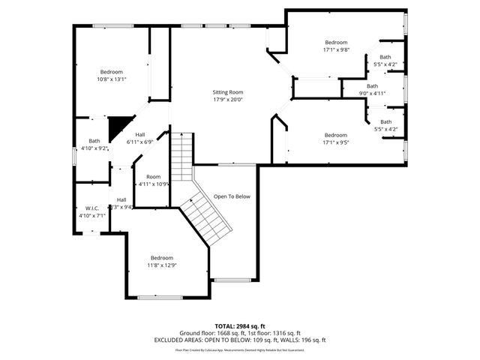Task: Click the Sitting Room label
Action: click(228, 91)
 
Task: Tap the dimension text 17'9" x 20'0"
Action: click(228, 99)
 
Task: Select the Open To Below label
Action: click(232, 196)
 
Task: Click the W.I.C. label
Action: click(93, 208)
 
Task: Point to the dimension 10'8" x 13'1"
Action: click(112, 79)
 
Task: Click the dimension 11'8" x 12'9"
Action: click(161, 265)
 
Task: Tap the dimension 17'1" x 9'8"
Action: click(336, 49)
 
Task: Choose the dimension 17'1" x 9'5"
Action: click(335, 142)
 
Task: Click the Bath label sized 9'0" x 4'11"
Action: click(373, 85)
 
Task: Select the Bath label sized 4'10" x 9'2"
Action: click(94, 140)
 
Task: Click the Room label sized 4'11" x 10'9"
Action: click(154, 177)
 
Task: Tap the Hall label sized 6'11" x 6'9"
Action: click(140, 134)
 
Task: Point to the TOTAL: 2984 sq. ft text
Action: click(239, 326)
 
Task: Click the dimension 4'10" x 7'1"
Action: click(93, 215)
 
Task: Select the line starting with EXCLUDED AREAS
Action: click(239, 340)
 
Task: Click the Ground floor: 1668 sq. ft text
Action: click(208, 333)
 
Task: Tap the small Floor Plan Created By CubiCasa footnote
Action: click(239, 349)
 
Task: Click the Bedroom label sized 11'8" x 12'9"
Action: click(161, 257)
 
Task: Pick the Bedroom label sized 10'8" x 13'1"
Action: click(112, 71)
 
